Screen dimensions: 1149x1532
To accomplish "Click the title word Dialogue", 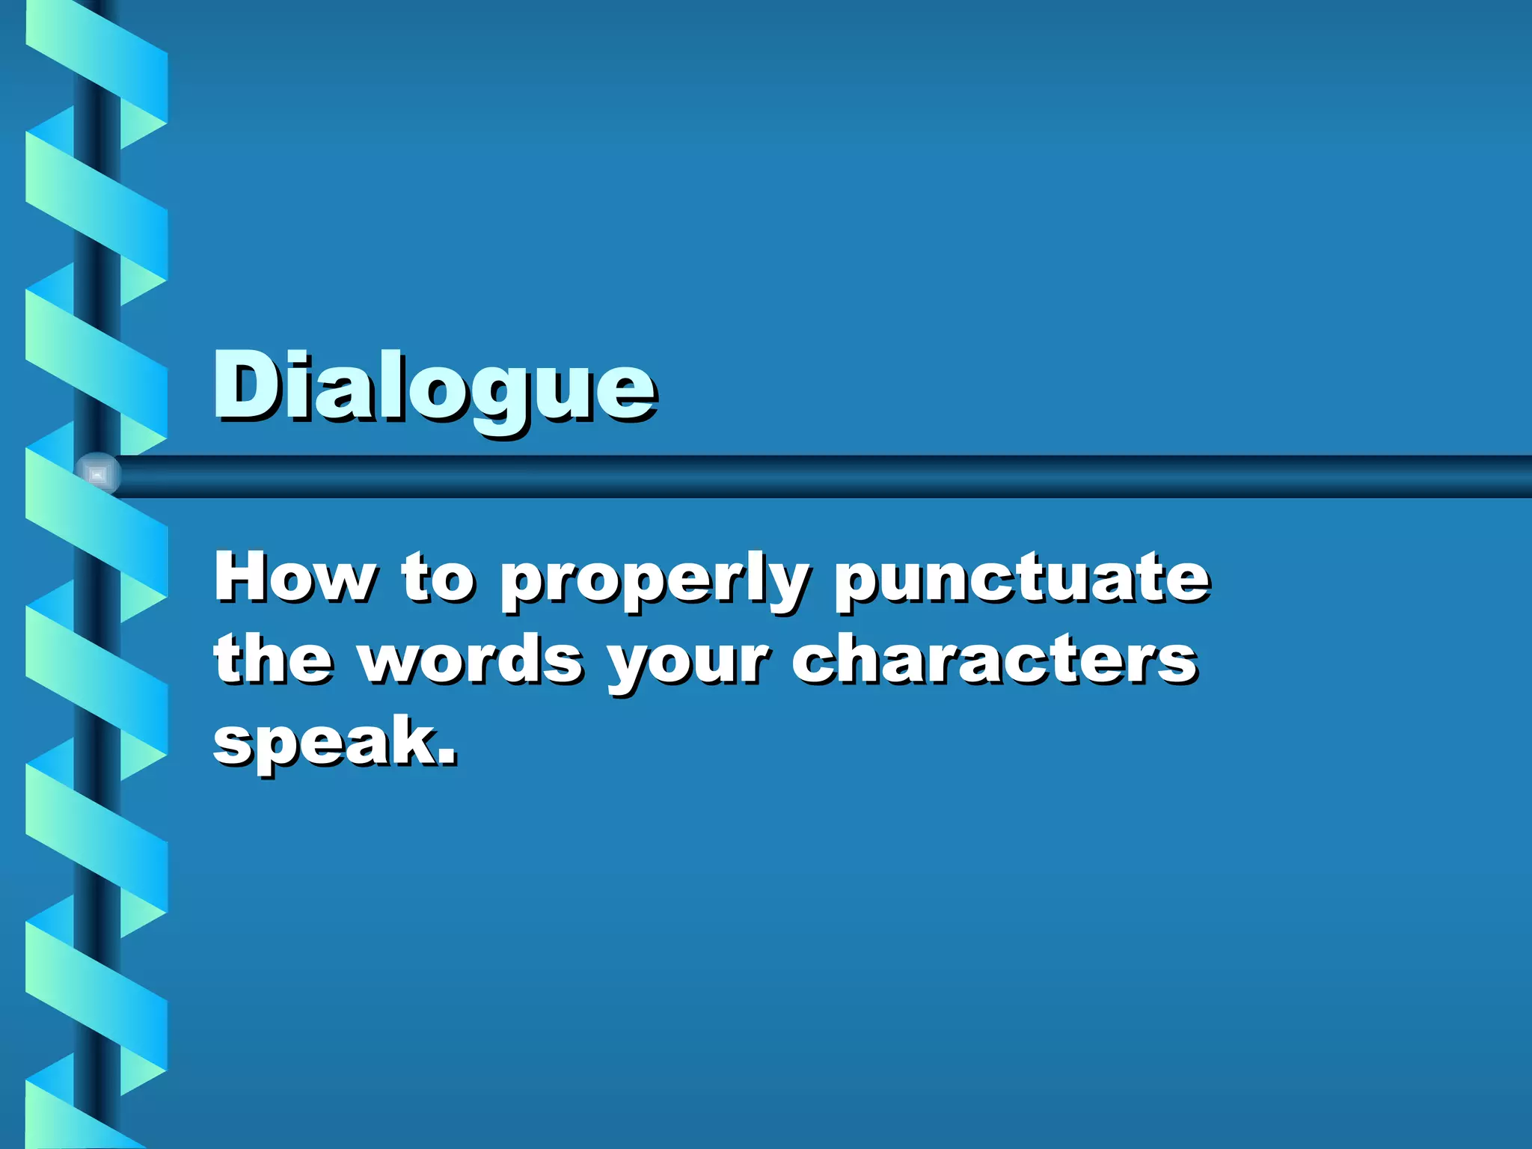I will coord(434,387).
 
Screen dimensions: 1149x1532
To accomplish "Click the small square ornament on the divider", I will coord(97,474).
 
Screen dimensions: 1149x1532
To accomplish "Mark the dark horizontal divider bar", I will coord(823,476).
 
